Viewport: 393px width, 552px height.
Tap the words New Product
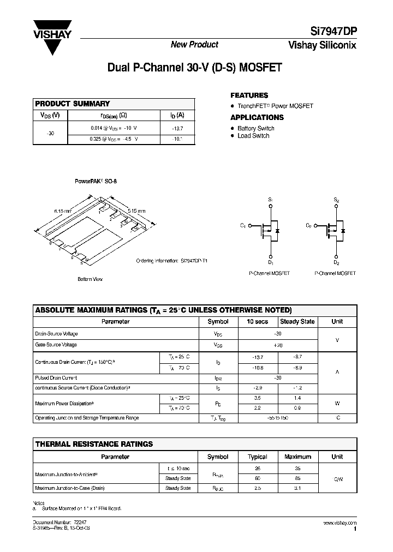[x=194, y=45]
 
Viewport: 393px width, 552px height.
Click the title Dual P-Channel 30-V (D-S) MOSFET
[x=194, y=69]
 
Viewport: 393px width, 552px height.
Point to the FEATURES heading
[x=249, y=95]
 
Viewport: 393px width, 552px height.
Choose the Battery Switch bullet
[x=255, y=129]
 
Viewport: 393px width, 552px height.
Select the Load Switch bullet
[x=253, y=136]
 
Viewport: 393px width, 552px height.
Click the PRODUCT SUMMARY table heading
[x=73, y=104]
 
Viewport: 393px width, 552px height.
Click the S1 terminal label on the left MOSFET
[x=270, y=201]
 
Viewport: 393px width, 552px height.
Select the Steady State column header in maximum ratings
[x=297, y=322]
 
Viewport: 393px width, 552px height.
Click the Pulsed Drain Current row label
[x=56, y=377]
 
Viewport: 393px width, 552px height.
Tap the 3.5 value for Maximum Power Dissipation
[x=258, y=398]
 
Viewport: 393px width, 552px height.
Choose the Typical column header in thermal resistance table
[x=258, y=457]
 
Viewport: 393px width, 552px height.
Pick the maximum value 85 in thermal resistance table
[x=297, y=478]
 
